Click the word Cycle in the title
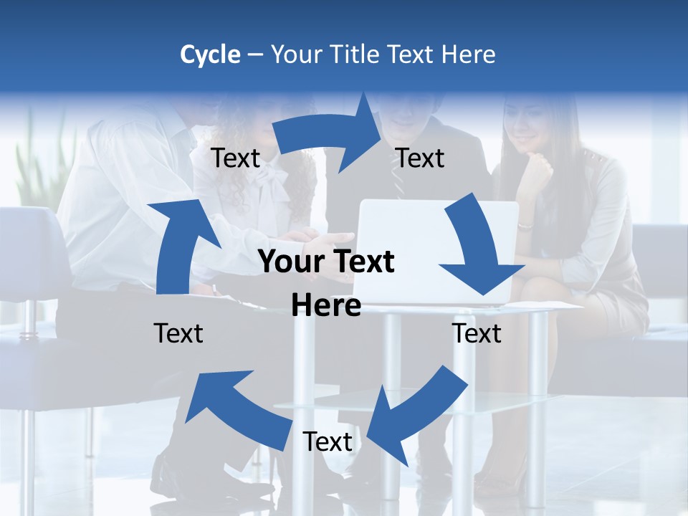(x=210, y=54)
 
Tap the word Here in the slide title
(x=467, y=54)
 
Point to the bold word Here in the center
(x=326, y=305)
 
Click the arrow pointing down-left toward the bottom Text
(x=416, y=416)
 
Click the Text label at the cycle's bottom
(x=328, y=442)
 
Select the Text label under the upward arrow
(x=178, y=333)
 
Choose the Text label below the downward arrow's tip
(x=477, y=333)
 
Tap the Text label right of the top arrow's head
(x=420, y=158)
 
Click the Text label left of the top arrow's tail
(x=235, y=158)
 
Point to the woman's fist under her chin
(x=536, y=172)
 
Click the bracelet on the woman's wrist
(x=525, y=226)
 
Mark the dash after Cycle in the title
(x=254, y=54)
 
